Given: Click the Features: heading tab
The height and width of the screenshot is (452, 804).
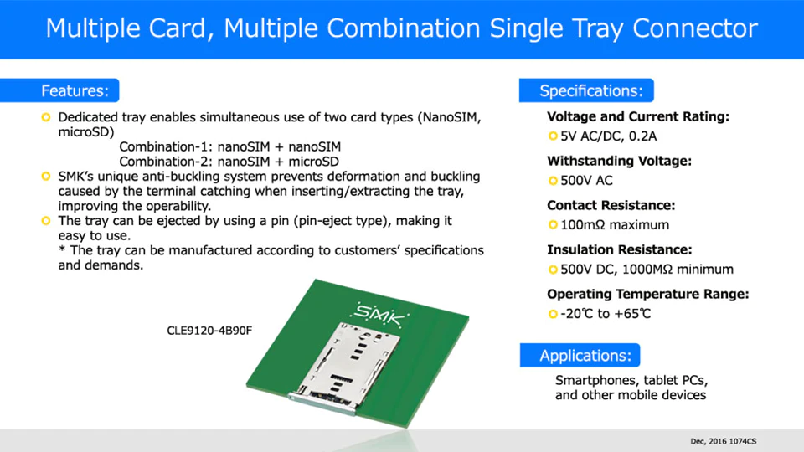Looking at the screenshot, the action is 59,90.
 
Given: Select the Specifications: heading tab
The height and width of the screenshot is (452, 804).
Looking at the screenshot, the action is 586,90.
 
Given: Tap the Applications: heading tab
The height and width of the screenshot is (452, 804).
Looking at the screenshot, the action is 580,355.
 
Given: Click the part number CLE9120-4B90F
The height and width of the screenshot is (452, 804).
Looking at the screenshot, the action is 209,331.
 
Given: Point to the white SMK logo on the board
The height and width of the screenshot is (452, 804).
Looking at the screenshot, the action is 379,315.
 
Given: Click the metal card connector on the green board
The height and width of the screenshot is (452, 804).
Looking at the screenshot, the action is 346,367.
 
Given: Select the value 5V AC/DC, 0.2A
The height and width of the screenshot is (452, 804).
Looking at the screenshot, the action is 608,136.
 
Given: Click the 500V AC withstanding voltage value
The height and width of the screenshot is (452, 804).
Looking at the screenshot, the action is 586,181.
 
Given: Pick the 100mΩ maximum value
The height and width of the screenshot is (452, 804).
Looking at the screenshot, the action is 614,225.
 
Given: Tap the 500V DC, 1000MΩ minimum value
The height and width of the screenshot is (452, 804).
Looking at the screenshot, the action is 647,270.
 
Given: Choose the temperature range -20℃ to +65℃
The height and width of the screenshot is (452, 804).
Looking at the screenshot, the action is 606,314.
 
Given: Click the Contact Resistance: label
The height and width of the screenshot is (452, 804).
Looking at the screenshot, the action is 611,206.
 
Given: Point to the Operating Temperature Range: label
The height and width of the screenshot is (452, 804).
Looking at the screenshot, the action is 647,294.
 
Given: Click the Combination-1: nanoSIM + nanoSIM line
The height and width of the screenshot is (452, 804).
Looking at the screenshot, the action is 229,147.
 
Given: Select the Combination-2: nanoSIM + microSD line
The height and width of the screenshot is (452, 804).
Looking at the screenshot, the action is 229,162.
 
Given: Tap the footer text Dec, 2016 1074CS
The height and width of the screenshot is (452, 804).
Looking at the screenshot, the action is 723,441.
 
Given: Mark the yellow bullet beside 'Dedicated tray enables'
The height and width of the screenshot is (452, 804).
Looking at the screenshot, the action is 46,117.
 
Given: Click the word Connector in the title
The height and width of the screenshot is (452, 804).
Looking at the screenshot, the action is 695,28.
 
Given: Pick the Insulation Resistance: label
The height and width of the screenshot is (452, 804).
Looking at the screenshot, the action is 620,250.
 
